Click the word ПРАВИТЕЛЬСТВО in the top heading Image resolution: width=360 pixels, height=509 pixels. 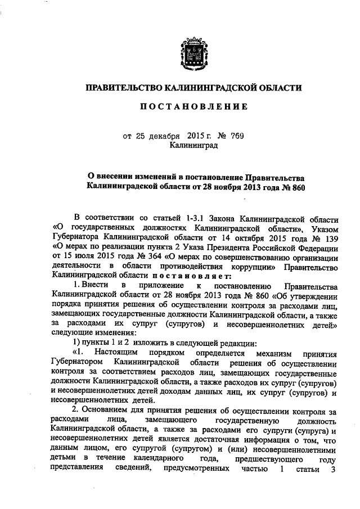tap(123, 88)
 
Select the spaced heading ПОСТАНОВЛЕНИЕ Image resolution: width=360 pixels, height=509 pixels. tap(193, 107)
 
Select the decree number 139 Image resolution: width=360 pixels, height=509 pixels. tap(332, 237)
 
